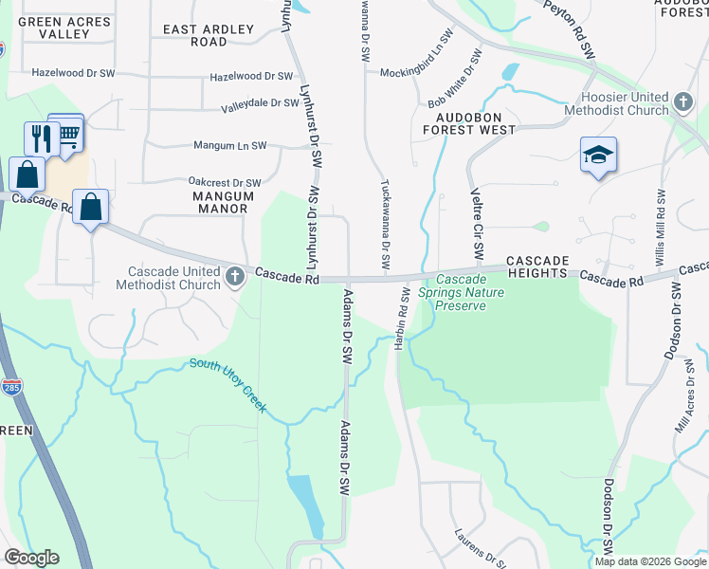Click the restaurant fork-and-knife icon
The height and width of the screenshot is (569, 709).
[41, 138]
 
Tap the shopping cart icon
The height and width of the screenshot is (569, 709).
[67, 134]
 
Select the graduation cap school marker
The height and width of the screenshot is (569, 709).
[598, 154]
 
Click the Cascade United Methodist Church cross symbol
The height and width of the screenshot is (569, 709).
[235, 277]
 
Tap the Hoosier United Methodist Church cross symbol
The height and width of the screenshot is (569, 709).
[682, 101]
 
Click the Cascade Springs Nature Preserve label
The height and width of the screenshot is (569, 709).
[460, 292]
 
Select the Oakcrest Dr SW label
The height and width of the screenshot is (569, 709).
[225, 183]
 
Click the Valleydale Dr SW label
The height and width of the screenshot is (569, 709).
[260, 103]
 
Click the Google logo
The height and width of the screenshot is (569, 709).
[31, 558]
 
